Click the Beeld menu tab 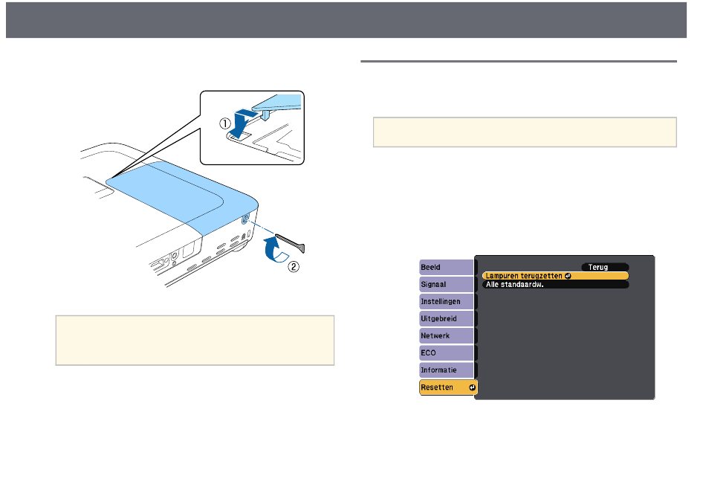tap(446, 267)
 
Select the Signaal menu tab tap(446, 284)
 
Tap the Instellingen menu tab tap(446, 301)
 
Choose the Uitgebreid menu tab tap(446, 318)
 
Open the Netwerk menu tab tap(446, 335)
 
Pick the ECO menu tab tap(446, 352)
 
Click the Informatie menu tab tap(446, 370)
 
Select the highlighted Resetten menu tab tap(446, 387)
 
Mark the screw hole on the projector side tap(246, 221)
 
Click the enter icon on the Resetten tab tap(471, 387)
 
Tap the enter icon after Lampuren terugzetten tap(566, 275)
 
